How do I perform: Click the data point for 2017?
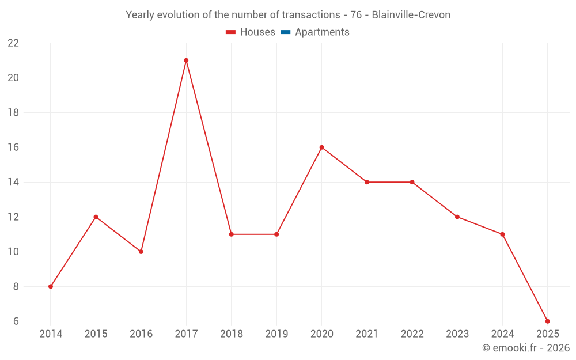[186, 60]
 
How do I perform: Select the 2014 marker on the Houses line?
[51, 286]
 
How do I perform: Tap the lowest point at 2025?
[547, 321]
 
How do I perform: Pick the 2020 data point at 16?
[321, 147]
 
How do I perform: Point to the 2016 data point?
[141, 252]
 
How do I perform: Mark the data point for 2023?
[457, 217]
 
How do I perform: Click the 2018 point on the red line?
[231, 234]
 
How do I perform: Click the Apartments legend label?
[322, 32]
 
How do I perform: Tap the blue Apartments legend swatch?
[286, 32]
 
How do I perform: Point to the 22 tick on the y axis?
[13, 43]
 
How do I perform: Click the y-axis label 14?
[13, 182]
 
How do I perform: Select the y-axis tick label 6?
[16, 321]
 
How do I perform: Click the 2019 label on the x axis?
[276, 334]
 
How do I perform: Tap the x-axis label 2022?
[412, 334]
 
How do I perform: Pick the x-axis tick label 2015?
[96, 334]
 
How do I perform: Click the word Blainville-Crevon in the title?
[411, 14]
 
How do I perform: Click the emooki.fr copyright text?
[526, 348]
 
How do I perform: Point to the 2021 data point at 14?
[367, 182]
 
